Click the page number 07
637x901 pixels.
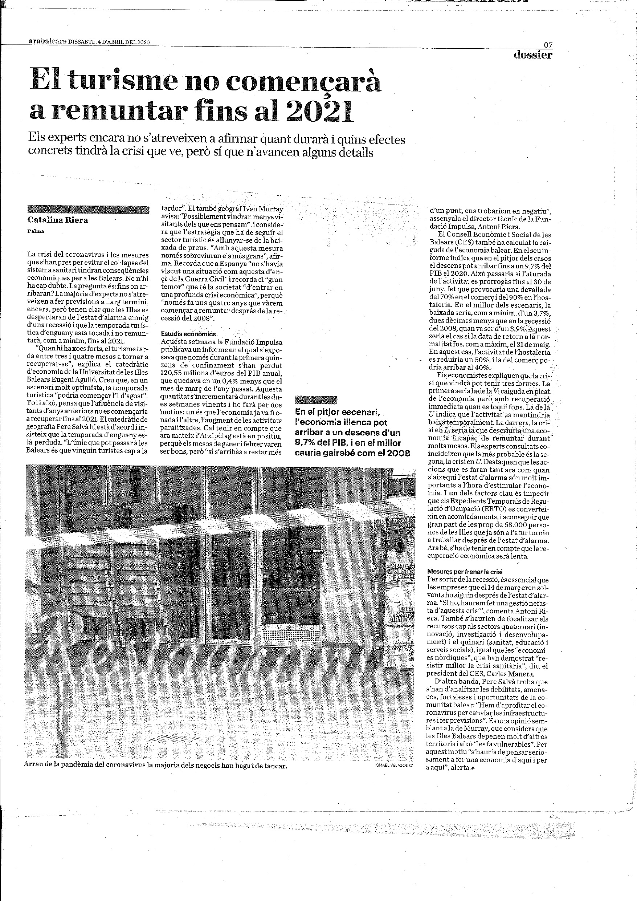point(548,45)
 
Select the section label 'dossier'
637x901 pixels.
point(533,55)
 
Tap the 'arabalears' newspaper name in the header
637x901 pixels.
point(48,42)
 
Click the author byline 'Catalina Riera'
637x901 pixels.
point(58,220)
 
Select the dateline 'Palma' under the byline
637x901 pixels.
point(36,231)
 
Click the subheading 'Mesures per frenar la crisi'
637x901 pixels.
point(465,572)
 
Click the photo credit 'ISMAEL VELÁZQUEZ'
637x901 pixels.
point(394,491)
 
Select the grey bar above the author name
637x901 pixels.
point(88,210)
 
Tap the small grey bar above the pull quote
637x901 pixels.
point(316,400)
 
